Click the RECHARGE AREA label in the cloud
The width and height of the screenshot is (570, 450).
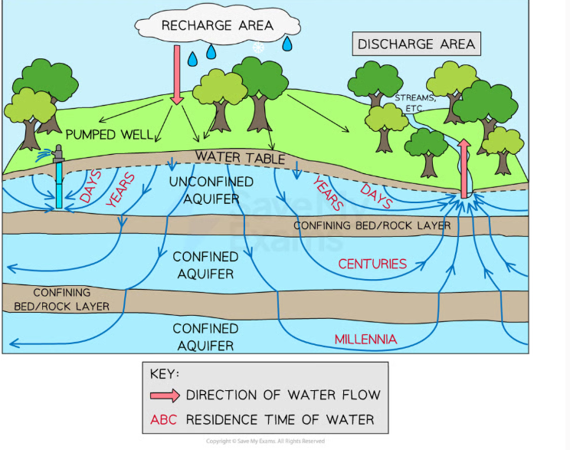click(217, 25)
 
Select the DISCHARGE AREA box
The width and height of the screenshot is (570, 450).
click(416, 44)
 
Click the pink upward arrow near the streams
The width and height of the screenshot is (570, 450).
click(464, 169)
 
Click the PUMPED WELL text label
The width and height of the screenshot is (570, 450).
click(109, 134)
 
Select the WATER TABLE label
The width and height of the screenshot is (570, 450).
click(239, 157)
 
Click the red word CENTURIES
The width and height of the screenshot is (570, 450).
click(372, 264)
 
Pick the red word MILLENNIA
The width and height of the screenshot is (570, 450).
click(365, 339)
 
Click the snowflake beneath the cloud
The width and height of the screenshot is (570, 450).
click(258, 48)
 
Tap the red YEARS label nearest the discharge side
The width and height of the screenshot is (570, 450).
click(327, 192)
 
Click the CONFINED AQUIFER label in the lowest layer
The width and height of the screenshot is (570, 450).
click(205, 337)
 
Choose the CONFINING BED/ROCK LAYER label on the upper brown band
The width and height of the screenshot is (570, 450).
click(372, 225)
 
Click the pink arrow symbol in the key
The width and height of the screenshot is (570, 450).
click(165, 396)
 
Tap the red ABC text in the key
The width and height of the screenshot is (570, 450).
click(164, 419)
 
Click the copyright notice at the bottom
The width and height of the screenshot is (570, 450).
click(265, 441)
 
